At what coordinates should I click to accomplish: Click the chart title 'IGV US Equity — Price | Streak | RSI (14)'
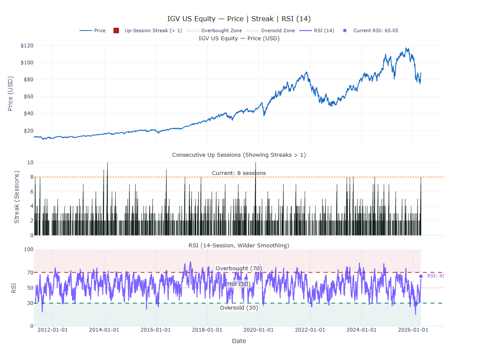[x=239, y=19]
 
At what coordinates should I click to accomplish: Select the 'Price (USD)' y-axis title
[x=11, y=94]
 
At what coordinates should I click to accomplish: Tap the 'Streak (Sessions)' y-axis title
[x=17, y=197]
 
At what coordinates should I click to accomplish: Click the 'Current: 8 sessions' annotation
[x=239, y=173]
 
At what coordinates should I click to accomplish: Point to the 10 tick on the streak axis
[x=30, y=162]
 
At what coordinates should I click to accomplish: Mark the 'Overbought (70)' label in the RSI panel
[x=239, y=268]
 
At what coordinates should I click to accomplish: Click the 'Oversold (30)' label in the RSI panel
[x=239, y=308]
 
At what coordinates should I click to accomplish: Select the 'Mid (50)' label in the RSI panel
[x=239, y=284]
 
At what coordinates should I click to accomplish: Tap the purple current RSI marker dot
[x=421, y=276]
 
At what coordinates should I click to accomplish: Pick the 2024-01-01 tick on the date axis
[x=361, y=330]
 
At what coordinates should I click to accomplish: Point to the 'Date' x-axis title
[x=239, y=341]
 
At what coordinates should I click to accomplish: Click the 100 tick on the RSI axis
[x=28, y=249]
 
